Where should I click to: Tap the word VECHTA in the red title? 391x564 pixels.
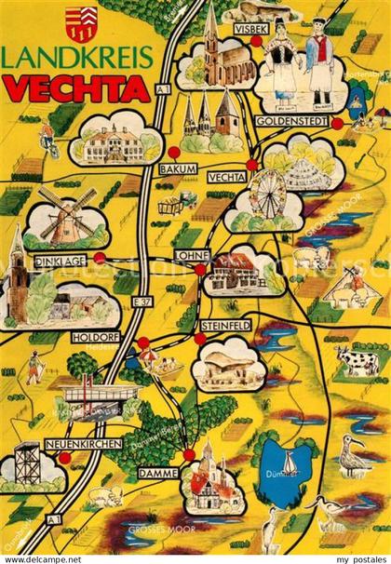[x=77, y=88]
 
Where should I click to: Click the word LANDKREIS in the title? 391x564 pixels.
[x=77, y=57]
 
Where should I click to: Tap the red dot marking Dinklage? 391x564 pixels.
[x=100, y=258]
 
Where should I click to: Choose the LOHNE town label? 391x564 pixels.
[x=190, y=253]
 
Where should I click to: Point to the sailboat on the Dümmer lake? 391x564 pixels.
[x=290, y=462]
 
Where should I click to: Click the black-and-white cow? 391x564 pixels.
[x=358, y=358]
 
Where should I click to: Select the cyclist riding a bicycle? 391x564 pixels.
[x=47, y=140]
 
